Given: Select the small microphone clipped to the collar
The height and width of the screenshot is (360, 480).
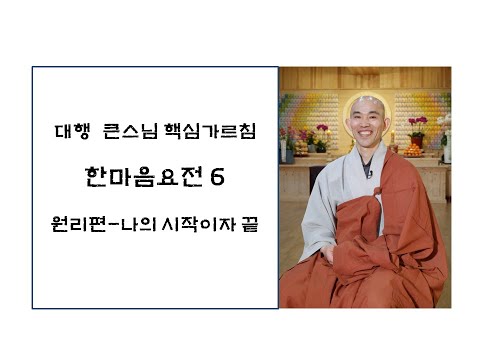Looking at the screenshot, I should tap(369, 174).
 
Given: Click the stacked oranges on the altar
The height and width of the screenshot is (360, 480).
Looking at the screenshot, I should tap(413, 149).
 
